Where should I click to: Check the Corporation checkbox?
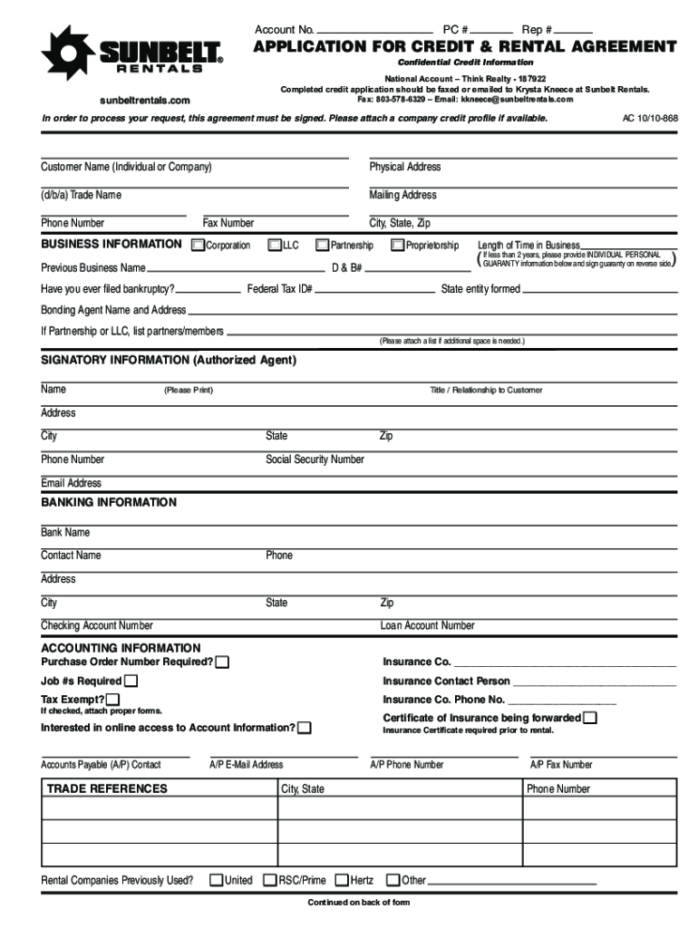(x=199, y=246)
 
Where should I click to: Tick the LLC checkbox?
(x=275, y=246)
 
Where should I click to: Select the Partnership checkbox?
(x=322, y=246)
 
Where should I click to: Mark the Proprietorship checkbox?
(x=397, y=246)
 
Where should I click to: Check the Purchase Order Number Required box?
(x=222, y=662)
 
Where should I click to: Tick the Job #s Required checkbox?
(x=131, y=681)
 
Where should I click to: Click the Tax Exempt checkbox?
(x=112, y=700)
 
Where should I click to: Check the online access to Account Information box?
(x=305, y=728)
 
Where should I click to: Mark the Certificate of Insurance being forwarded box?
(x=590, y=718)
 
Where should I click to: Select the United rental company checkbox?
(x=217, y=880)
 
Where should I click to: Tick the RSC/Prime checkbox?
(x=270, y=880)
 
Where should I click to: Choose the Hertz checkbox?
(x=342, y=880)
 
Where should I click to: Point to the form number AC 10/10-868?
(x=650, y=119)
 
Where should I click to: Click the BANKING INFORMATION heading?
(x=109, y=502)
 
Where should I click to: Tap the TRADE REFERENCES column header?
(x=107, y=788)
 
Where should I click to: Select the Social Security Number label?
(x=315, y=459)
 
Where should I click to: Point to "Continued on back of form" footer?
(x=359, y=903)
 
